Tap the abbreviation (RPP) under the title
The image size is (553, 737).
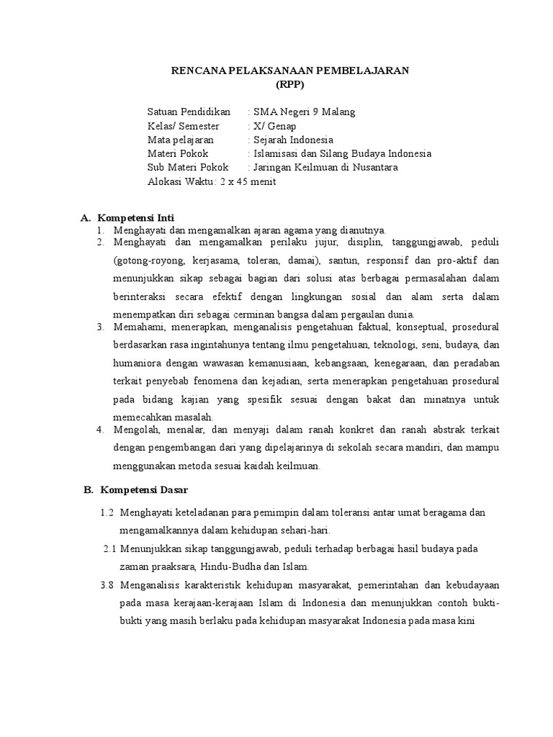point(290,83)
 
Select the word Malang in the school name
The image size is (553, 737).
point(338,112)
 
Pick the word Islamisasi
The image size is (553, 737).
point(274,153)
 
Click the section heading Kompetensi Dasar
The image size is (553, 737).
point(142,490)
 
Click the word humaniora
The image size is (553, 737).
point(138,363)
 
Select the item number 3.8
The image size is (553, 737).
point(107,584)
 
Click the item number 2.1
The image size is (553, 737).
point(109,548)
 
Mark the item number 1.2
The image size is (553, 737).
point(107,512)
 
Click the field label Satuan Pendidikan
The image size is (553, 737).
point(189,112)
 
